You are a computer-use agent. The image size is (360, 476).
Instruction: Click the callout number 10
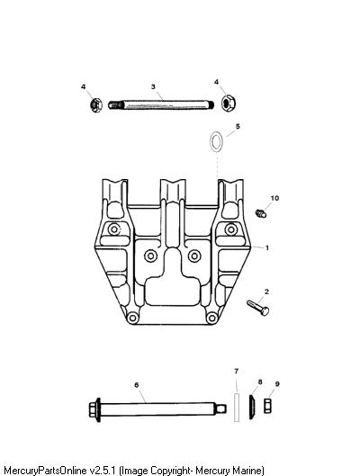(274, 198)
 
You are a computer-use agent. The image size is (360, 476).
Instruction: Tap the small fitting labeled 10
(261, 213)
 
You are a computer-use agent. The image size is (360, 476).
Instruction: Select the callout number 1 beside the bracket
(267, 248)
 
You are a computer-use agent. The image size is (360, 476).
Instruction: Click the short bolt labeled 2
(258, 308)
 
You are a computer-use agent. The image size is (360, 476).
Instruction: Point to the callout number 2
(266, 292)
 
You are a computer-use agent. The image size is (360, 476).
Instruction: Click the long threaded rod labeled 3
(161, 105)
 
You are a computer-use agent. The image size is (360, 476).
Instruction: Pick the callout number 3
(153, 86)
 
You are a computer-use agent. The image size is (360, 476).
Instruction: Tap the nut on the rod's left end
(96, 105)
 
